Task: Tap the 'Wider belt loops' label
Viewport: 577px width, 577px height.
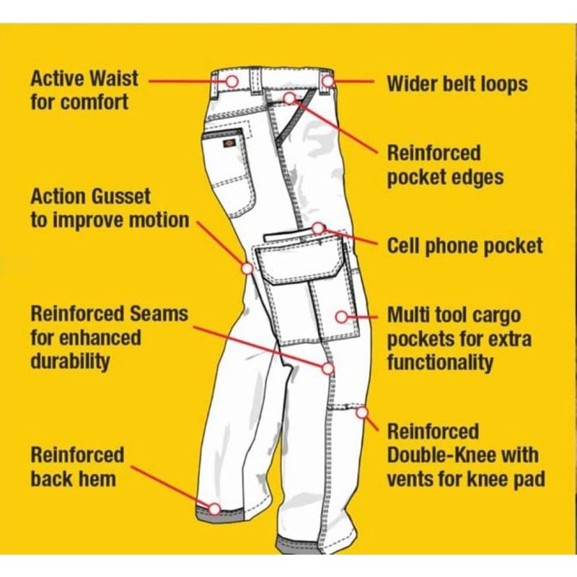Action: pyautogui.click(x=457, y=83)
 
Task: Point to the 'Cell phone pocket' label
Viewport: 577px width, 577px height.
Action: pyautogui.click(x=464, y=245)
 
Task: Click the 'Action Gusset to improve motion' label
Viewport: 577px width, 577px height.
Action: pyautogui.click(x=110, y=208)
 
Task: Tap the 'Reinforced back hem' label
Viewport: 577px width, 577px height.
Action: pyautogui.click(x=77, y=467)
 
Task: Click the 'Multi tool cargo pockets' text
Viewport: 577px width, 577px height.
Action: pyautogui.click(x=459, y=338)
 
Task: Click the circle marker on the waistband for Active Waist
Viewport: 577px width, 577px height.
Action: pyautogui.click(x=232, y=81)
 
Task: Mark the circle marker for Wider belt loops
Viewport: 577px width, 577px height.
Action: pyautogui.click(x=328, y=81)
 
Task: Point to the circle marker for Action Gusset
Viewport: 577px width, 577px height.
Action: pyautogui.click(x=247, y=268)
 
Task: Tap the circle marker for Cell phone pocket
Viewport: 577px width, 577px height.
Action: pyautogui.click(x=318, y=229)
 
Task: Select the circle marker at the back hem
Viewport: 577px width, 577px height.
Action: pyautogui.click(x=214, y=508)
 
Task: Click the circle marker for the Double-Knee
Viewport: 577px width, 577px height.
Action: pyautogui.click(x=361, y=413)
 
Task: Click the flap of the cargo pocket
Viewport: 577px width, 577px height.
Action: pyautogui.click(x=301, y=256)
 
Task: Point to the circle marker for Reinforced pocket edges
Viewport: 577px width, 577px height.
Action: pyautogui.click(x=289, y=97)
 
